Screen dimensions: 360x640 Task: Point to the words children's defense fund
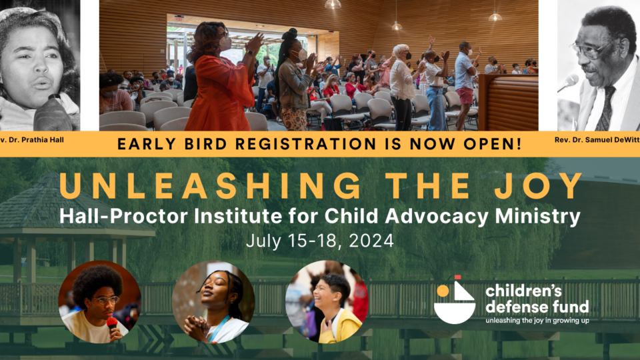(x=537, y=298)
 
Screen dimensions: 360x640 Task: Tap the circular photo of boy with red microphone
(x=99, y=302)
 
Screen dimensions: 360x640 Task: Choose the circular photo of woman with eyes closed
(x=213, y=302)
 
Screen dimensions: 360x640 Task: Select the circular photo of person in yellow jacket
(x=327, y=302)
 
